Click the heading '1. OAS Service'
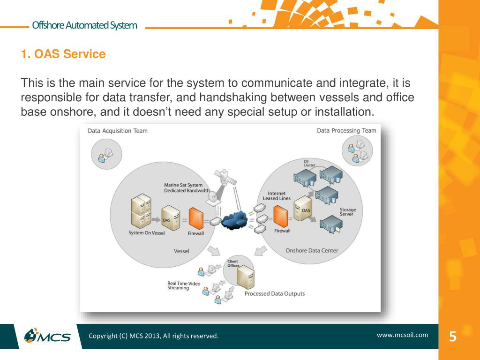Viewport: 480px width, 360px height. (x=63, y=54)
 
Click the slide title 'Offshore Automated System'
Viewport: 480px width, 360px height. (x=84, y=25)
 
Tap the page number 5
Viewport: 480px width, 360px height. (x=452, y=337)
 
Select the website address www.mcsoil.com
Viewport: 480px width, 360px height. (x=402, y=335)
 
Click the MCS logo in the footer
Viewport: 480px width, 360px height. (x=48, y=336)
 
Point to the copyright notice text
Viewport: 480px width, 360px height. (x=154, y=336)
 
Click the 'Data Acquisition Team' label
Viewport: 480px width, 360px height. (x=118, y=131)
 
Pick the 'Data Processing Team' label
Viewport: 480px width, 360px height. (x=346, y=131)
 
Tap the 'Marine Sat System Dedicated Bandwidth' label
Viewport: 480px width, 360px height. (x=187, y=187)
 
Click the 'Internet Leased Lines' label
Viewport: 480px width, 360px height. (x=277, y=196)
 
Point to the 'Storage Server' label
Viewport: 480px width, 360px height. (x=348, y=212)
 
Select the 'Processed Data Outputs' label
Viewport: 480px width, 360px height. (x=274, y=294)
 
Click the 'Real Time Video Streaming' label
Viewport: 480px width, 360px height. (x=184, y=285)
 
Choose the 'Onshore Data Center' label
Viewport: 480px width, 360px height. (x=312, y=251)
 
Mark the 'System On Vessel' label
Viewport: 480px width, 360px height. (x=147, y=233)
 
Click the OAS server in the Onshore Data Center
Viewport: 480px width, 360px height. (x=303, y=210)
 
